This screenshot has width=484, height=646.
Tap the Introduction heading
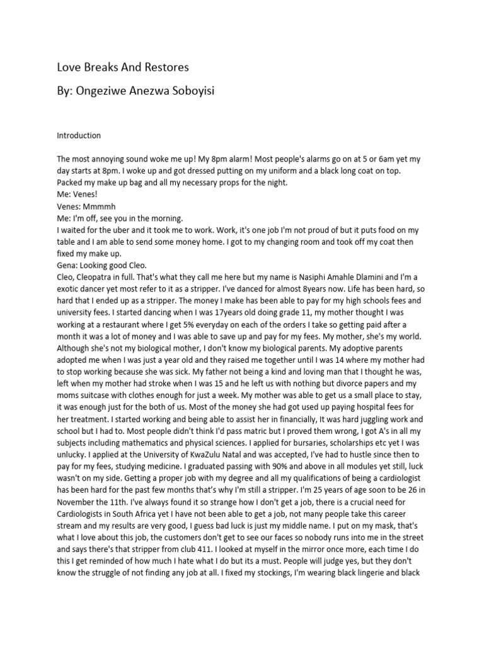(x=79, y=136)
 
